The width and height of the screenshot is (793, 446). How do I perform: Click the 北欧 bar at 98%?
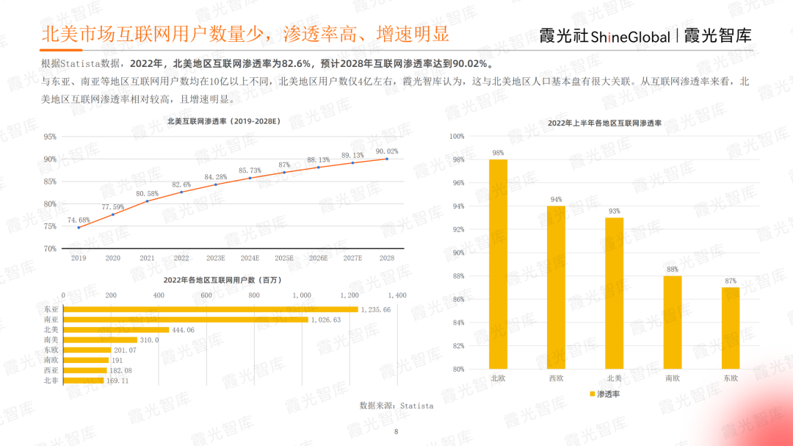point(498,265)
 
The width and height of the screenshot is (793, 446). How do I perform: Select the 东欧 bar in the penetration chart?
point(730,328)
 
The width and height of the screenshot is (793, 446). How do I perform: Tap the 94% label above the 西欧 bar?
point(556,199)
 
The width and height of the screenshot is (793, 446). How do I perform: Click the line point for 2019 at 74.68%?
point(79,227)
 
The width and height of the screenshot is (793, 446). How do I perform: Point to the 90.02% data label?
point(386,151)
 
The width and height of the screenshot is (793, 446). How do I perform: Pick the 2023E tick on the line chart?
point(216,259)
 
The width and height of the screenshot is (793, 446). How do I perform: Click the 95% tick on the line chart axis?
point(50,137)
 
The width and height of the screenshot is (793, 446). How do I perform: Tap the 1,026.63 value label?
point(326,320)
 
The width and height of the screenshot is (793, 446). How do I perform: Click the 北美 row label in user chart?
point(51,330)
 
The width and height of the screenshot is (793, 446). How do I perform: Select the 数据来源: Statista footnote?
point(396,406)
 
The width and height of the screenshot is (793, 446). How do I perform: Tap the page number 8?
point(396,431)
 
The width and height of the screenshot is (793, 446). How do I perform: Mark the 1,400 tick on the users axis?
point(396,295)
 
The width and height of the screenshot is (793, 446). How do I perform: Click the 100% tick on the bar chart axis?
point(457,137)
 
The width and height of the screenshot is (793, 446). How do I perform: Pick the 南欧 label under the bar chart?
point(672,378)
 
